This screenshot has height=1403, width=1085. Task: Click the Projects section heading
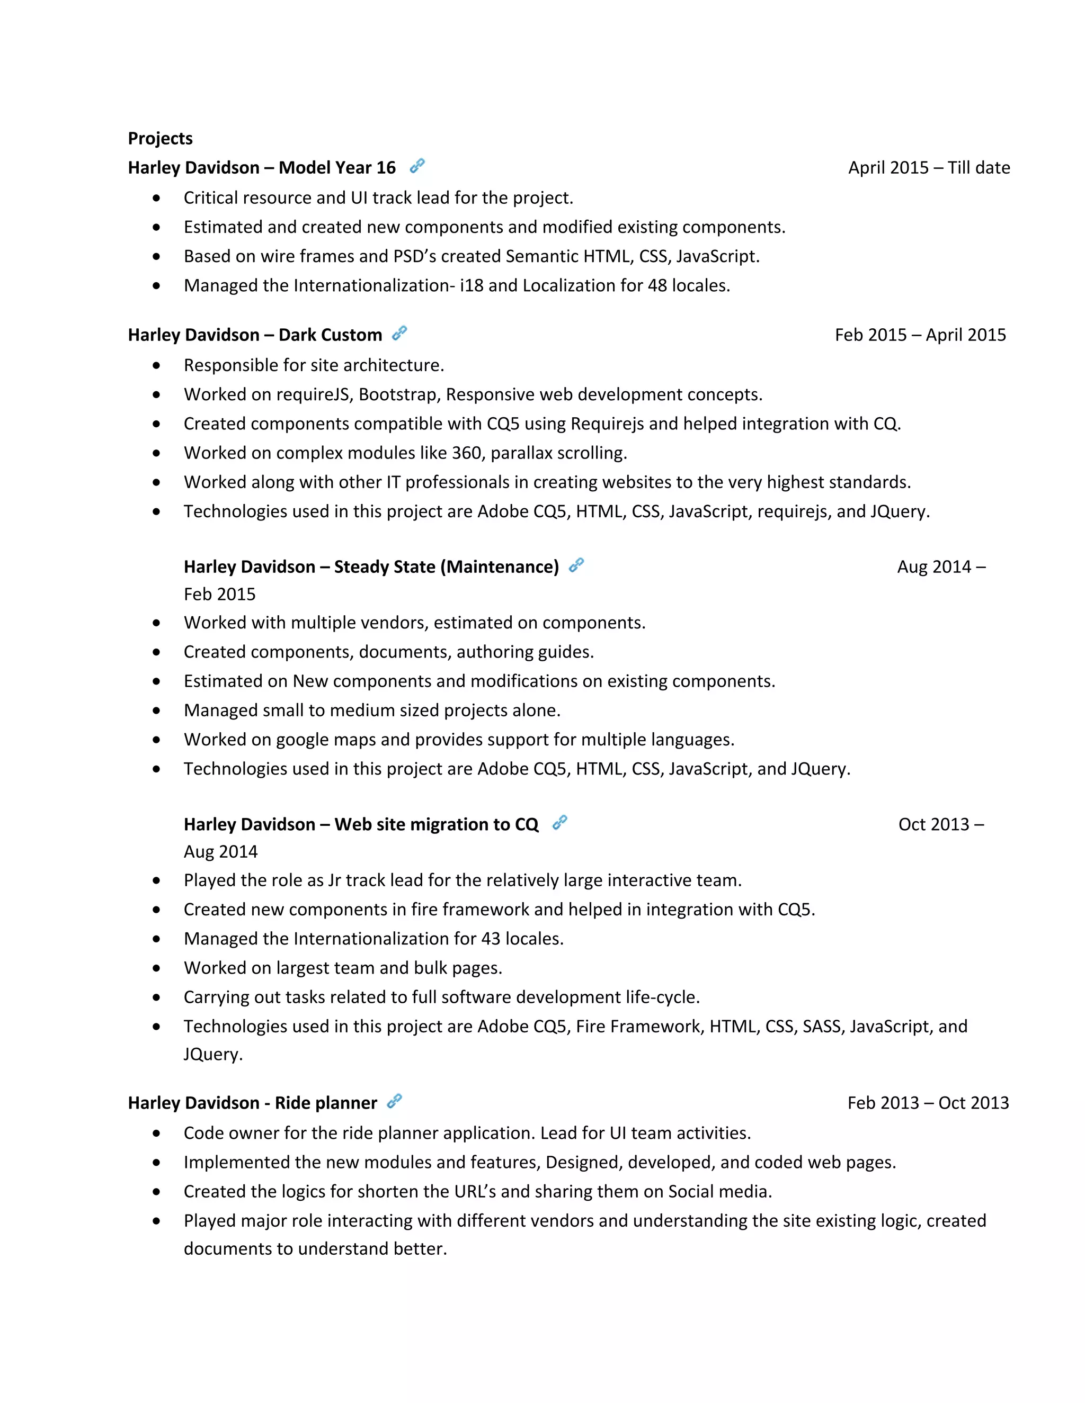pyautogui.click(x=160, y=138)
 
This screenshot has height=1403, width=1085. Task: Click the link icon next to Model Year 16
pyautogui.click(x=417, y=166)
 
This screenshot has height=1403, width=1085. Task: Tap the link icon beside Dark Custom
pyautogui.click(x=399, y=333)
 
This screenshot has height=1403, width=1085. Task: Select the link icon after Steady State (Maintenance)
pyautogui.click(x=576, y=565)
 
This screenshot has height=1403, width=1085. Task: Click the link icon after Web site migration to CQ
pyautogui.click(x=560, y=822)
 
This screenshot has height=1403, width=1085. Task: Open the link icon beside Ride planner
pyautogui.click(x=394, y=1101)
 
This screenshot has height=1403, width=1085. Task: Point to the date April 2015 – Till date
pyautogui.click(x=928, y=168)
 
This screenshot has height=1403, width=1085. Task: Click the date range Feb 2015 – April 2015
pyautogui.click(x=920, y=335)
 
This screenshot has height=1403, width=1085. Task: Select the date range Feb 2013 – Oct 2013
pyautogui.click(x=928, y=1103)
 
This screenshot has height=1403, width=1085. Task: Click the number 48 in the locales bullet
pyautogui.click(x=657, y=285)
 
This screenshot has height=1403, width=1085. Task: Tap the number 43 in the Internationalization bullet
pyautogui.click(x=491, y=939)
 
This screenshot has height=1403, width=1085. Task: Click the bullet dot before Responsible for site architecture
pyautogui.click(x=156, y=365)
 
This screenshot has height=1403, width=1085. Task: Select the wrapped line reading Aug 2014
pyautogui.click(x=220, y=852)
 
